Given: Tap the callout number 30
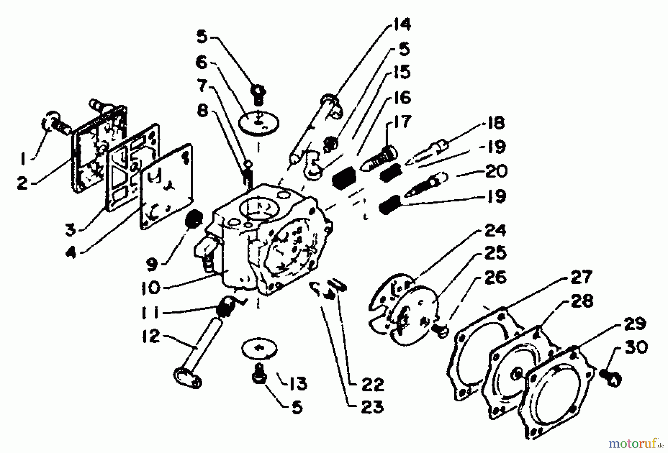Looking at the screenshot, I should tap(636, 348).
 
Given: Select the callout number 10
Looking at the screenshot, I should tap(150, 288).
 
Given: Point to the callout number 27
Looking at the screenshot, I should tap(581, 277).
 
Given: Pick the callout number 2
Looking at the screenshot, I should tap(23, 183).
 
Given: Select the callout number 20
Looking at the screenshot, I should tap(496, 171).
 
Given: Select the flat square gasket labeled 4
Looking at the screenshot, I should tap(166, 187).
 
